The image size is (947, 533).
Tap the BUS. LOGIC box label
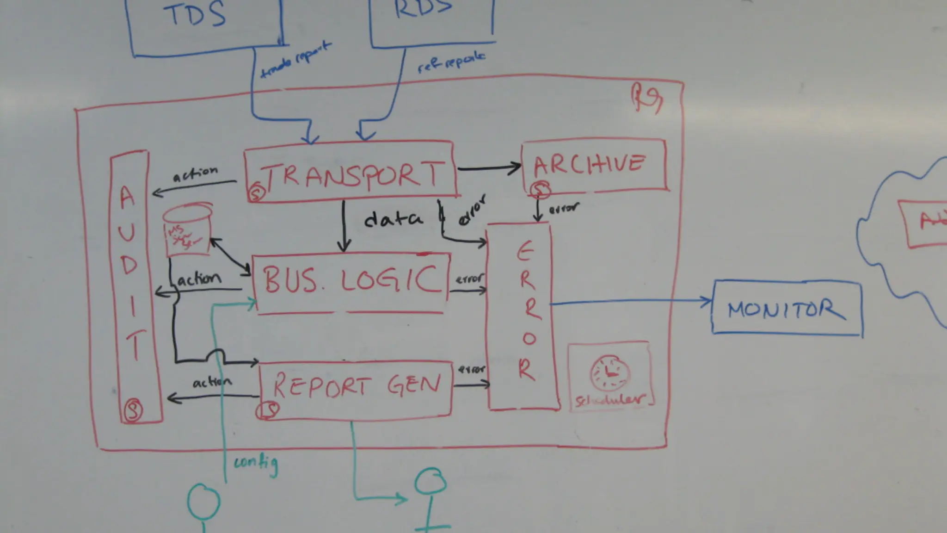point(351,279)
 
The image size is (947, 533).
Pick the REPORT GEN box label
point(356,385)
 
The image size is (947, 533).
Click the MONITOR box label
point(786,310)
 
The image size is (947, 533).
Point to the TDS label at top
point(195,15)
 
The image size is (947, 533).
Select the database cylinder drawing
point(187,230)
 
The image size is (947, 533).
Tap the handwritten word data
point(393,219)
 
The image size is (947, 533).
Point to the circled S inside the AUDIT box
point(133,410)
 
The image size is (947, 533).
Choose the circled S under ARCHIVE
point(540,189)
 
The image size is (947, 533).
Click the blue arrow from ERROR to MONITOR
point(631,302)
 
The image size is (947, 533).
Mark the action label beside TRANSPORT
point(195,174)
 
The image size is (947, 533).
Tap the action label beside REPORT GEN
point(212,383)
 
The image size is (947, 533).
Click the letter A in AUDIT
point(127,198)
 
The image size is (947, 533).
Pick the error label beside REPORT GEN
point(471,370)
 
